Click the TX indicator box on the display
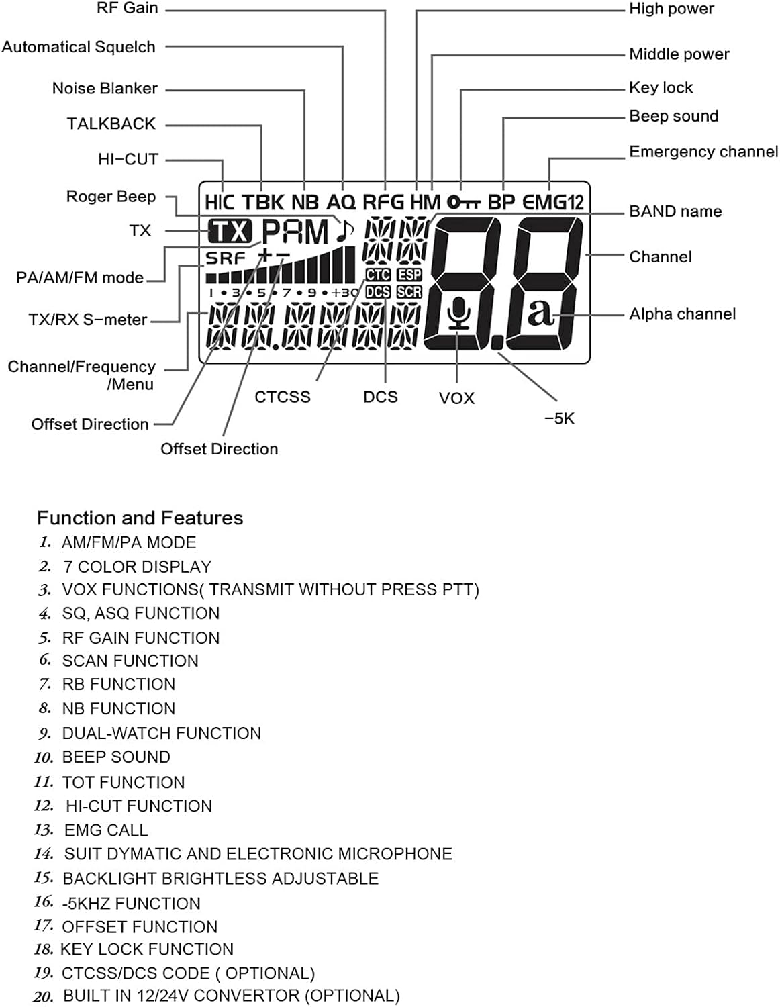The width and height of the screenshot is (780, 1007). (230, 231)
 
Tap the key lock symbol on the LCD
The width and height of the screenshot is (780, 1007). (464, 203)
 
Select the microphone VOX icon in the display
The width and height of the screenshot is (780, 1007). (458, 314)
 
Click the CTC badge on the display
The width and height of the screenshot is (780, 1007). (378, 275)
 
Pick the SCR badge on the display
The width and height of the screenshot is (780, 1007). (409, 292)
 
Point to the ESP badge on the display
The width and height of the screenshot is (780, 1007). (409, 275)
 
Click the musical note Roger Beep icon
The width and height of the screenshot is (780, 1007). (344, 230)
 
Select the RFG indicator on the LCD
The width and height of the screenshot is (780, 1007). (383, 203)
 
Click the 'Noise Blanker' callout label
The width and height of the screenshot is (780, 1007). (105, 88)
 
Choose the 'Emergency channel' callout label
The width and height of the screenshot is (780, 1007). (703, 152)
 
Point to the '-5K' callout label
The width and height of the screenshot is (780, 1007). (560, 418)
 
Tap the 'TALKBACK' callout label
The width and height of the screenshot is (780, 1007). (111, 124)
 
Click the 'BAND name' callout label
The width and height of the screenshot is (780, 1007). (675, 211)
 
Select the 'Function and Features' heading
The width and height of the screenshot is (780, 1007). (140, 518)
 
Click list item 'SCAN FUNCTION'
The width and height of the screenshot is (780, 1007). (130, 661)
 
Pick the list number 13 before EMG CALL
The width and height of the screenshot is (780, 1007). (44, 830)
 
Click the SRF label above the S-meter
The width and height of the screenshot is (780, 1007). (226, 258)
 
